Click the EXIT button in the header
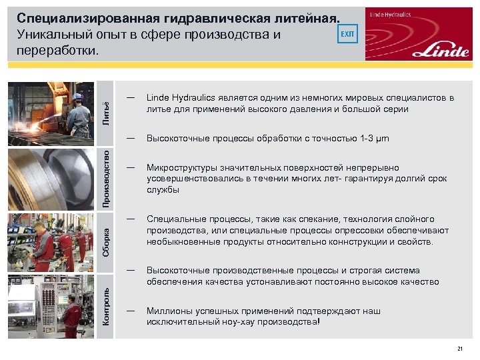tap(348, 33)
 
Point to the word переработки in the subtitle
tap(59, 51)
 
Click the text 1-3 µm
tap(374, 139)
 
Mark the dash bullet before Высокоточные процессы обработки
tap(131, 138)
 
